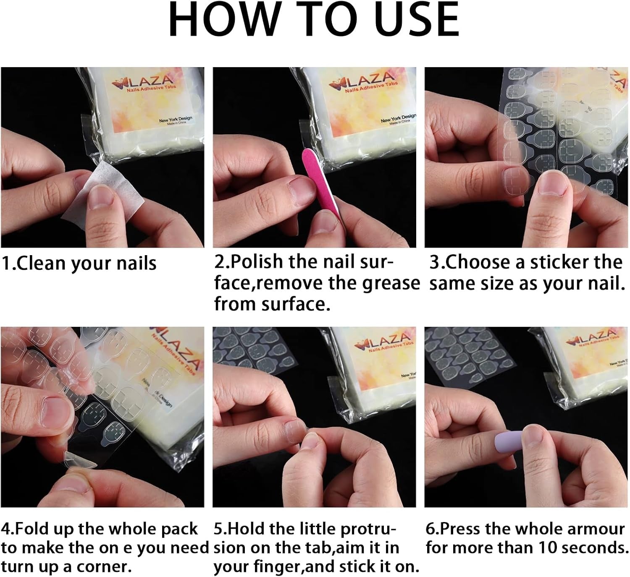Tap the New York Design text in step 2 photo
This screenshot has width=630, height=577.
[398, 118]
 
